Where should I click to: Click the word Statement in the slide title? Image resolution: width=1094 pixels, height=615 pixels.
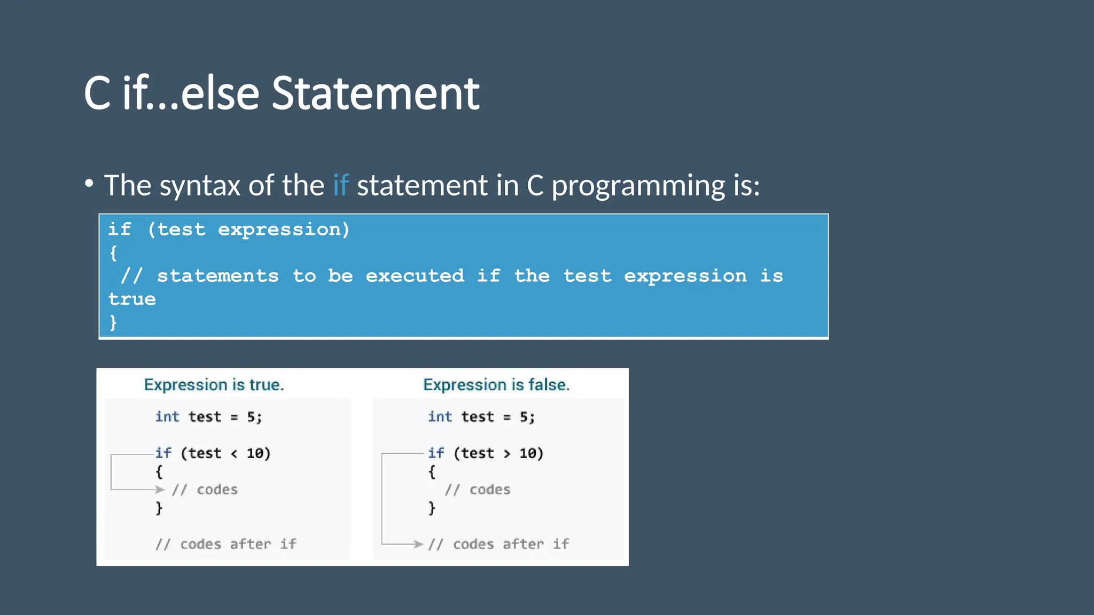click(x=376, y=94)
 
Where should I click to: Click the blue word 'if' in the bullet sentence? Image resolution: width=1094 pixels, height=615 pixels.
click(x=340, y=186)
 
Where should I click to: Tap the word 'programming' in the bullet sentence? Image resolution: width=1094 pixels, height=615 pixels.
click(x=638, y=186)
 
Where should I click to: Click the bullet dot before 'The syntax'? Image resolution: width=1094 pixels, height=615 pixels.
click(x=89, y=184)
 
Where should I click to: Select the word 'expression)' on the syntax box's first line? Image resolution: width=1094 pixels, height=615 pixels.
click(x=284, y=230)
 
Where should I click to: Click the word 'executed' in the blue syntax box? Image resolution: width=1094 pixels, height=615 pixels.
click(x=415, y=276)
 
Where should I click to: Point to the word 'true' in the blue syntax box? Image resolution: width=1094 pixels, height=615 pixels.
click(x=132, y=299)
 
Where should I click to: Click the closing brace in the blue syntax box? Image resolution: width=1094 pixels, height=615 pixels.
click(x=113, y=322)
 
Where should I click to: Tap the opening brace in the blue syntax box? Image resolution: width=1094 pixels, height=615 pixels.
click(x=113, y=253)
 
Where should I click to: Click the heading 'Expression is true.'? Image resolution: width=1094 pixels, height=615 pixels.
click(x=214, y=385)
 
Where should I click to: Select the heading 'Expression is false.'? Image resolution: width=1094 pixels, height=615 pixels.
click(x=496, y=385)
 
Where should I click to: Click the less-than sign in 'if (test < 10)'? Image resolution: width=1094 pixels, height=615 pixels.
click(x=234, y=454)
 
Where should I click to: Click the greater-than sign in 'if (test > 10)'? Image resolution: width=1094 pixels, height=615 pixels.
click(x=506, y=454)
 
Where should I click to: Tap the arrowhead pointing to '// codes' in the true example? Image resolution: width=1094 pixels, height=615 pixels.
click(x=159, y=490)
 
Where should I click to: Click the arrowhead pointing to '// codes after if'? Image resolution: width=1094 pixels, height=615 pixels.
click(x=418, y=544)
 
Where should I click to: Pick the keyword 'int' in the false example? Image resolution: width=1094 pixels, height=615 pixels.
click(x=440, y=417)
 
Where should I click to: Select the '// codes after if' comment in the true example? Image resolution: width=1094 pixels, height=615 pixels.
click(x=225, y=544)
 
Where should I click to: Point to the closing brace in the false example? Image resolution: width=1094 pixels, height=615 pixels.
click(x=432, y=508)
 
